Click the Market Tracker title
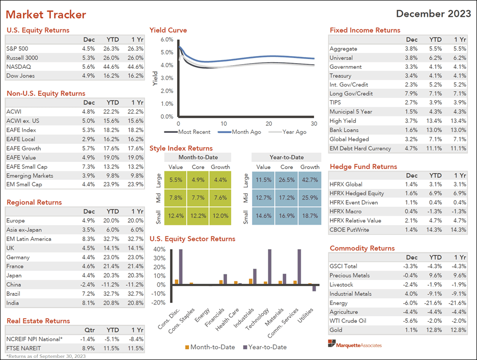(x=46, y=15)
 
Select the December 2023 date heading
(x=433, y=14)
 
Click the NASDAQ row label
(x=17, y=67)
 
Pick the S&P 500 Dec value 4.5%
(x=88, y=49)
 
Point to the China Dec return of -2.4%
(x=87, y=285)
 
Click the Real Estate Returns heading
(x=38, y=321)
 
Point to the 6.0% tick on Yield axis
(x=166, y=39)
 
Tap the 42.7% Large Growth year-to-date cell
(x=310, y=180)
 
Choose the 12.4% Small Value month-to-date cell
(x=175, y=216)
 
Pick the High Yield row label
(x=343, y=121)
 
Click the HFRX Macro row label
(x=347, y=211)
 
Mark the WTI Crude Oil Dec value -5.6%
(x=410, y=321)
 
